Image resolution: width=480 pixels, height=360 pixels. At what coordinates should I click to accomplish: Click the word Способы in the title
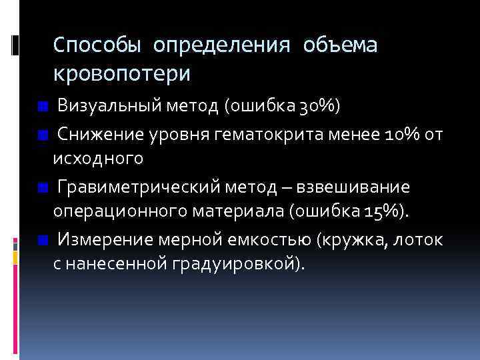97,45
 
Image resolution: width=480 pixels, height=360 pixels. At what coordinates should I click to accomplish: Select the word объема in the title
340,45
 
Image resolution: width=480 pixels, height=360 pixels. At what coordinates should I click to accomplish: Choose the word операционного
117,212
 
